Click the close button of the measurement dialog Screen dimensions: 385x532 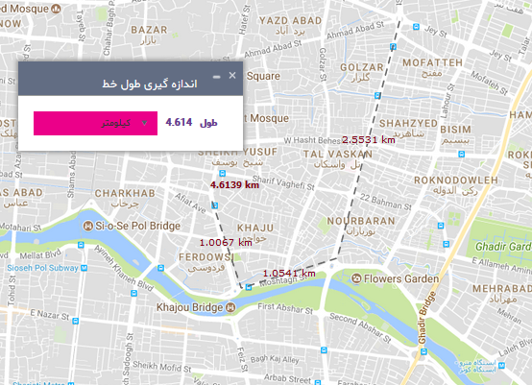click(231, 75)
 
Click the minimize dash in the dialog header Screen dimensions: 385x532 click(216, 77)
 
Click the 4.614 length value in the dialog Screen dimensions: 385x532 click(179, 123)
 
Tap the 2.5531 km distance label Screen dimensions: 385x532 click(369, 139)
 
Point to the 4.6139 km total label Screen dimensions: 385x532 click(234, 184)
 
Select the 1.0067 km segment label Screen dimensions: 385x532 click(225, 242)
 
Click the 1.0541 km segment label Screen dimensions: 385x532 click(288, 273)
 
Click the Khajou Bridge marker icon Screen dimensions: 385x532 click(230, 307)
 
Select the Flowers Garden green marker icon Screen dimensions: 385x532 click(357, 279)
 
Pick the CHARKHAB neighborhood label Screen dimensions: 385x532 click(125, 193)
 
